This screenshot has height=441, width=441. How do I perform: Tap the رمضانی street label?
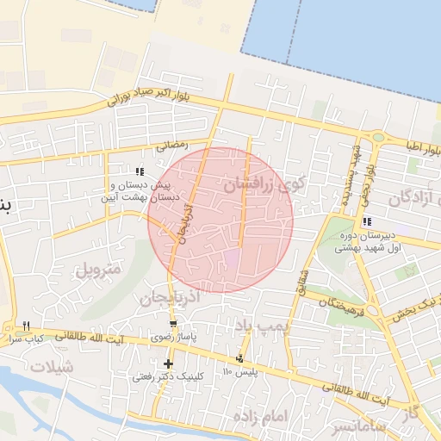tap(172, 146)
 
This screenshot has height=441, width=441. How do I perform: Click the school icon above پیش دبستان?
tap(140, 172)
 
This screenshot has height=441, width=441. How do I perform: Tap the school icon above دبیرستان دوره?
tap(368, 222)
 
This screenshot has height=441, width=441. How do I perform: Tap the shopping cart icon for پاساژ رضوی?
tap(173, 325)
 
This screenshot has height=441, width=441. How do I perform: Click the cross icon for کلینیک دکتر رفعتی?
tap(168, 364)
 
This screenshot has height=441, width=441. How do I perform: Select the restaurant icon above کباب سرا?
tap(27, 326)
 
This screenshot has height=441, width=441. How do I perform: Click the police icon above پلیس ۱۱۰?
tap(239, 358)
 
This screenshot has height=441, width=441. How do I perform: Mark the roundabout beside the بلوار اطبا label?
tap(377, 136)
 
